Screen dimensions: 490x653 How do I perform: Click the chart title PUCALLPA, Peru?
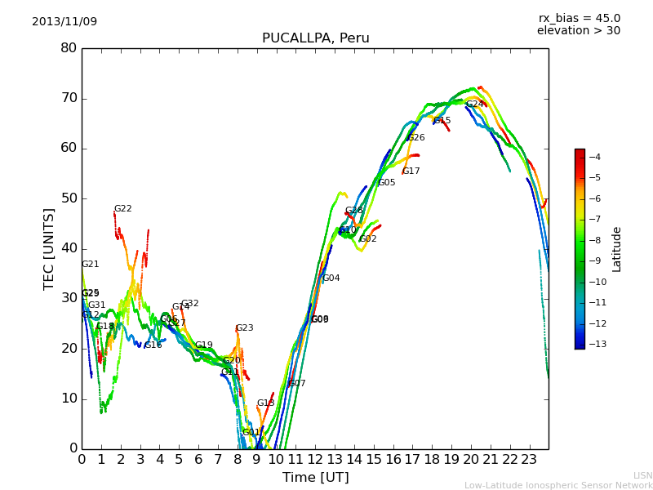coord(315,38)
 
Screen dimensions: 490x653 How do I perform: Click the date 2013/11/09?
coord(64,22)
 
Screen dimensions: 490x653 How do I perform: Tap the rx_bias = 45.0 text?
coord(579,19)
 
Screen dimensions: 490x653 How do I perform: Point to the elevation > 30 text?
coord(579,31)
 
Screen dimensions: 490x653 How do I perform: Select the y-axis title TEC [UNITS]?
coord(49,249)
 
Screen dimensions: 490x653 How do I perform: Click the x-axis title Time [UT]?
coord(315,478)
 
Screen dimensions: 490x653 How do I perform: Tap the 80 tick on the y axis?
coord(69,48)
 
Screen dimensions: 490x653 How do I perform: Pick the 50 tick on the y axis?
coord(69,198)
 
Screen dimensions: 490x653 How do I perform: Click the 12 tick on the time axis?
coord(315,459)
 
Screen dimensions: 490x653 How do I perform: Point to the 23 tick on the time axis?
coord(529,459)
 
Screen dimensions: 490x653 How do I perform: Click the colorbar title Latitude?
coord(617,249)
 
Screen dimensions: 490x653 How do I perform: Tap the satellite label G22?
coord(122,209)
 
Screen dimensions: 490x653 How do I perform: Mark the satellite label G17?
coord(411,171)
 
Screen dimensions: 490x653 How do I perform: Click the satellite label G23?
coord(244,328)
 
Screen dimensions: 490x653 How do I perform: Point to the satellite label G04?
coord(331,278)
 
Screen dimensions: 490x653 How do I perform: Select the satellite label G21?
coord(90,265)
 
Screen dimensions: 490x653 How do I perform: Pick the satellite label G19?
coord(203,345)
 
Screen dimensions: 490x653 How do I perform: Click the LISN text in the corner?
coord(642,475)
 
